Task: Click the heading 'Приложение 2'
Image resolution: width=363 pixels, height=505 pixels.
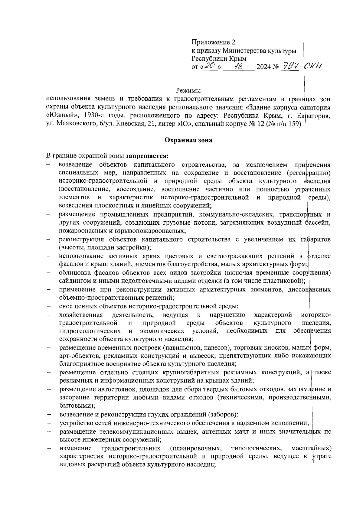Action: click(x=213, y=42)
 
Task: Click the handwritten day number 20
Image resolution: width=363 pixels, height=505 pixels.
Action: click(x=209, y=66)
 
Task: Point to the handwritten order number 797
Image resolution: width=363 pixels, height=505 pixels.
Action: click(x=290, y=66)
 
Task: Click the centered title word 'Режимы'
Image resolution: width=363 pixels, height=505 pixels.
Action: click(x=188, y=91)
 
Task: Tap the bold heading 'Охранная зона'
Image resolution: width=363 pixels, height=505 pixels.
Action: click(x=188, y=140)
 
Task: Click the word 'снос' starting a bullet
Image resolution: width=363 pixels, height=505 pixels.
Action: click(x=66, y=306)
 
